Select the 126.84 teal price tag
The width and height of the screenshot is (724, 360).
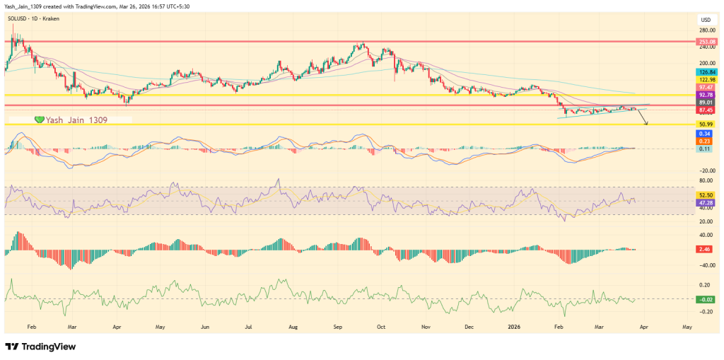(x=705, y=72)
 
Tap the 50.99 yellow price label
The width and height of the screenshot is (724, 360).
(x=705, y=124)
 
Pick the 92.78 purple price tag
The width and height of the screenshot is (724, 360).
(x=705, y=94)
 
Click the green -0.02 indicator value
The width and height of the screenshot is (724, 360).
(x=705, y=299)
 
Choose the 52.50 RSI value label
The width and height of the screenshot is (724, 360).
(x=705, y=195)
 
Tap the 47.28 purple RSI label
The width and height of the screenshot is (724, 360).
(x=705, y=203)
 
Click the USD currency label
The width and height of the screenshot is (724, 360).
(x=706, y=19)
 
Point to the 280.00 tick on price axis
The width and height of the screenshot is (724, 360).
(x=706, y=30)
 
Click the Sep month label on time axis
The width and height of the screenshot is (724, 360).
(x=338, y=327)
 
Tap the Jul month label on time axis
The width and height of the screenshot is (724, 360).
(x=248, y=327)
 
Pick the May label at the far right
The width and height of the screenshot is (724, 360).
(x=687, y=327)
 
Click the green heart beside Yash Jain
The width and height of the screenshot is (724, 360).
(x=40, y=120)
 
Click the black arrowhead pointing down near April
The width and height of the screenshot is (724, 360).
(x=645, y=124)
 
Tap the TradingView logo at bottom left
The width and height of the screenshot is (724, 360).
(x=40, y=347)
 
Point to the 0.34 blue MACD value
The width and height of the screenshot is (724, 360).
(x=705, y=133)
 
